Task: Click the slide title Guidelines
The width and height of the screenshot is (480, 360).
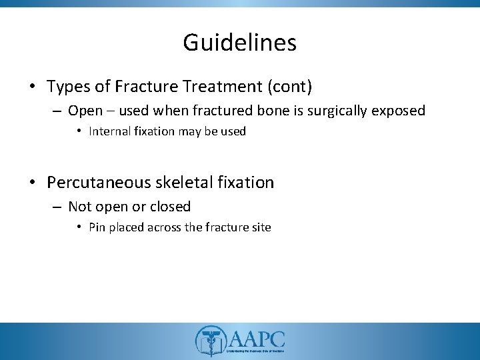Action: coord(239,43)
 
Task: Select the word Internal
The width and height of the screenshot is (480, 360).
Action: coord(109,132)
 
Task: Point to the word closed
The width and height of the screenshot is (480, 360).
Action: coord(171,207)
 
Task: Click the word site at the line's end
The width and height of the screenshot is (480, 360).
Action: coord(261,228)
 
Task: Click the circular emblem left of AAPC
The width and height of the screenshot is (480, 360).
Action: coord(209,341)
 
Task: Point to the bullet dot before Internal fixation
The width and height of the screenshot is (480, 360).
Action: coord(81,132)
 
